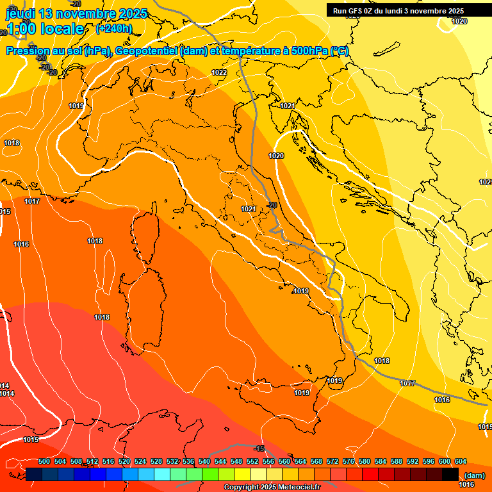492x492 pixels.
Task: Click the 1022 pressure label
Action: pyautogui.click(x=219, y=72)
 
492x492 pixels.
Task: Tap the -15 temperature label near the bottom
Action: pyautogui.click(x=259, y=448)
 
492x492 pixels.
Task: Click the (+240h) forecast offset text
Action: pyautogui.click(x=113, y=28)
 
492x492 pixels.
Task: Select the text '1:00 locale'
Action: pyautogui.click(x=44, y=29)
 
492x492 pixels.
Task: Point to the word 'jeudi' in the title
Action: pyautogui.click(x=20, y=13)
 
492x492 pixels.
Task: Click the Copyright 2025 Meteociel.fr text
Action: pyautogui.click(x=272, y=488)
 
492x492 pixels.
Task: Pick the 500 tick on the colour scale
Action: pyautogui.click(x=44, y=461)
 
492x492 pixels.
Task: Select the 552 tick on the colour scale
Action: pyautogui.click(x=252, y=461)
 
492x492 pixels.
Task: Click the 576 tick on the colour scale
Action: pyautogui.click(x=348, y=461)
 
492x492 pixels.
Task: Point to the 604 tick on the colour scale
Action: pyautogui.click(x=460, y=461)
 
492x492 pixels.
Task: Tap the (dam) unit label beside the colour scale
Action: pyautogui.click(x=474, y=475)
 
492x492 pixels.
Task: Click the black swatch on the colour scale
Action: pyautogui.click(x=450, y=474)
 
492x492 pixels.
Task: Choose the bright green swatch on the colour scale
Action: pyautogui.click(x=210, y=474)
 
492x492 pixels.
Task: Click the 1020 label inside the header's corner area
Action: pyautogui.click(x=459, y=21)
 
